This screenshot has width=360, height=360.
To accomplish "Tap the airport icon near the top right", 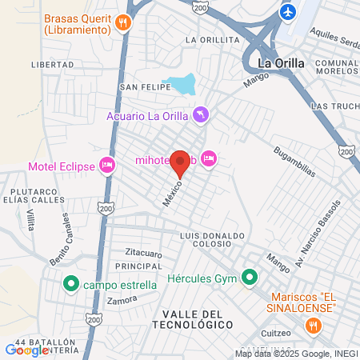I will [x=288, y=13].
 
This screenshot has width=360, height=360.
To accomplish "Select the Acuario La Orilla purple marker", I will [x=201, y=116].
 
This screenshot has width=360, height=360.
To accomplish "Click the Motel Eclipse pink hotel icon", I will [x=107, y=166].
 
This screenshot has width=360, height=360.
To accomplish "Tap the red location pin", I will [x=181, y=165].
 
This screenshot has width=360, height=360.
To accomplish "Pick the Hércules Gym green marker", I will [x=250, y=278].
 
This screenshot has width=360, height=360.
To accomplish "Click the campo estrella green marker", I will [x=70, y=283].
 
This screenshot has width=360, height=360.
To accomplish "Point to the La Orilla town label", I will [x=276, y=62].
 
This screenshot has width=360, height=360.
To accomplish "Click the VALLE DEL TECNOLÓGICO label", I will [x=197, y=318].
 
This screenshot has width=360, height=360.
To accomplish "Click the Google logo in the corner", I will [x=26, y=350].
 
